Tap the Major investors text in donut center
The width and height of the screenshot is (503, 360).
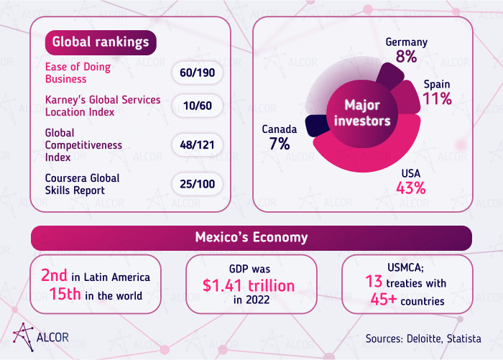(362, 114)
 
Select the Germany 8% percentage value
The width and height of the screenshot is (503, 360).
(406, 57)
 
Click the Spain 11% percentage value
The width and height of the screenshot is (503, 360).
(437, 99)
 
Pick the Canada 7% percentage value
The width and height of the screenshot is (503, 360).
(280, 144)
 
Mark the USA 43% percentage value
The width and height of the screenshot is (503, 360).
(411, 188)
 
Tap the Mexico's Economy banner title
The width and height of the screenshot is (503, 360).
(251, 237)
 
